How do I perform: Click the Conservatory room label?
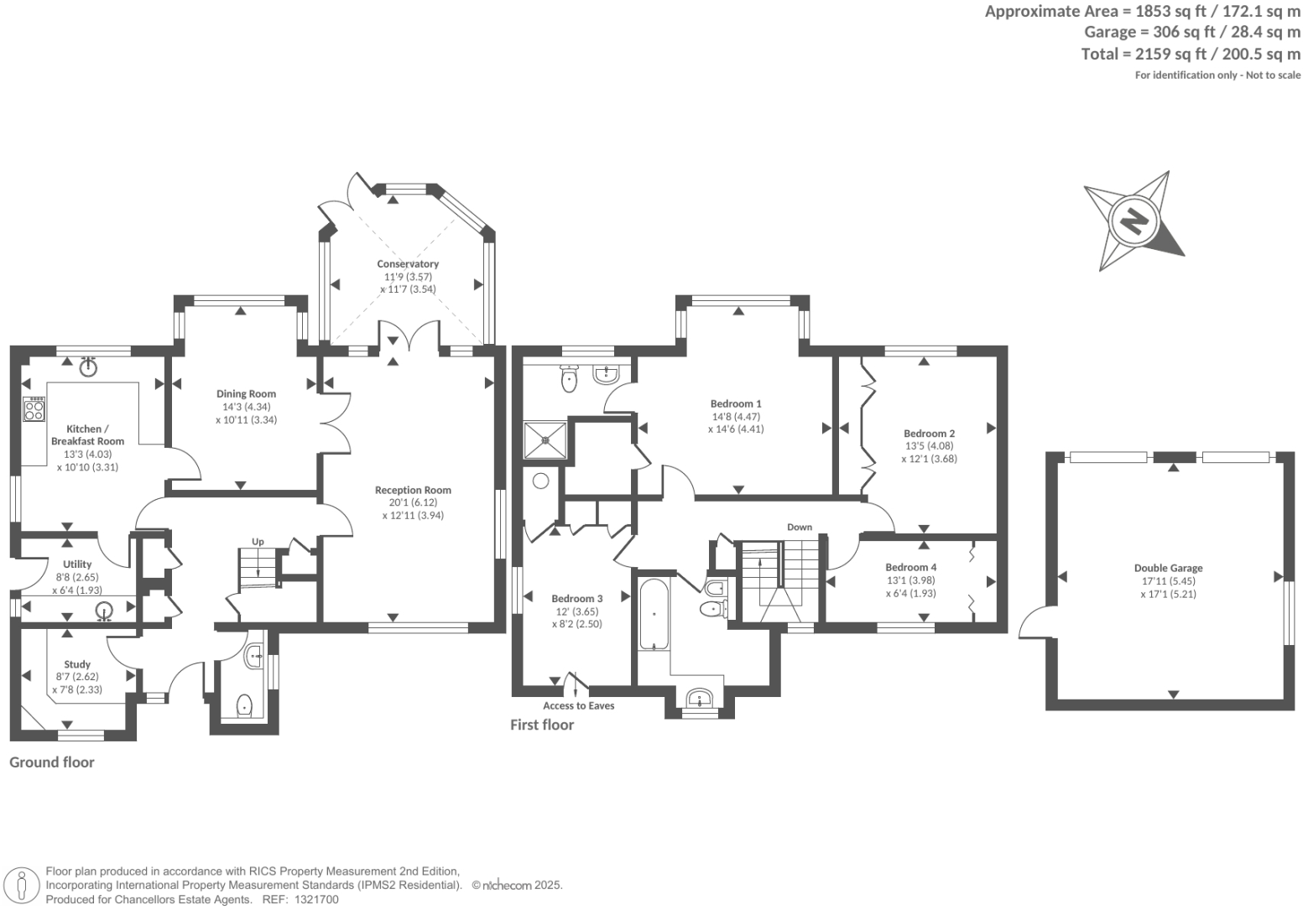[x=408, y=263]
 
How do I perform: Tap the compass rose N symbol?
[x=1134, y=221]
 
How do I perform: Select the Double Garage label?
[x=1168, y=568]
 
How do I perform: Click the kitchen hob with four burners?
[x=34, y=409]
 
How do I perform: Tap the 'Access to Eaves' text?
[x=578, y=705]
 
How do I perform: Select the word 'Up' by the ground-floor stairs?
[x=258, y=542]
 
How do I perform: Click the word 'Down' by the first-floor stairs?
[x=799, y=527]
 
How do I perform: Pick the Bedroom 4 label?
[x=910, y=567]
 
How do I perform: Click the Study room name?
[x=77, y=664]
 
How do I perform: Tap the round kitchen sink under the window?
[x=89, y=367]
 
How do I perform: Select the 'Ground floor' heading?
[x=51, y=762]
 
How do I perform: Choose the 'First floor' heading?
[x=542, y=725]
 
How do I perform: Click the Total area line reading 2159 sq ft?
[x=1191, y=55]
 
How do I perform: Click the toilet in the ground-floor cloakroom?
[x=244, y=705]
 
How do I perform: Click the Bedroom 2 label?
[x=930, y=434]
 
